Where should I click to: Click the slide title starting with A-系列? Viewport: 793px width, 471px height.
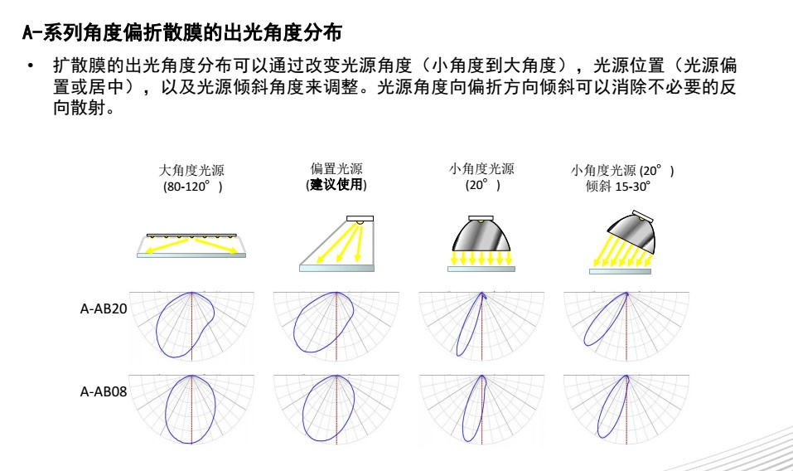click(181, 34)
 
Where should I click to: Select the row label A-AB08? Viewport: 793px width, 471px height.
click(104, 391)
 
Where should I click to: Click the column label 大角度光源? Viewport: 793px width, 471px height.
click(191, 170)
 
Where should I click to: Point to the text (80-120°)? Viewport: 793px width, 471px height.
click(191, 187)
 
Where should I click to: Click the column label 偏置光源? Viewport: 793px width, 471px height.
click(336, 169)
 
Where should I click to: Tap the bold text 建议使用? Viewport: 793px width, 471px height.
click(336, 185)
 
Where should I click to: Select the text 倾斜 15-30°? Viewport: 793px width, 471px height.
click(618, 187)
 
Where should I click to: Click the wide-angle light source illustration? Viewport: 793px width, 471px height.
click(191, 245)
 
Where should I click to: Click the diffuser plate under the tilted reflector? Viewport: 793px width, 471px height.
click(620, 271)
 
